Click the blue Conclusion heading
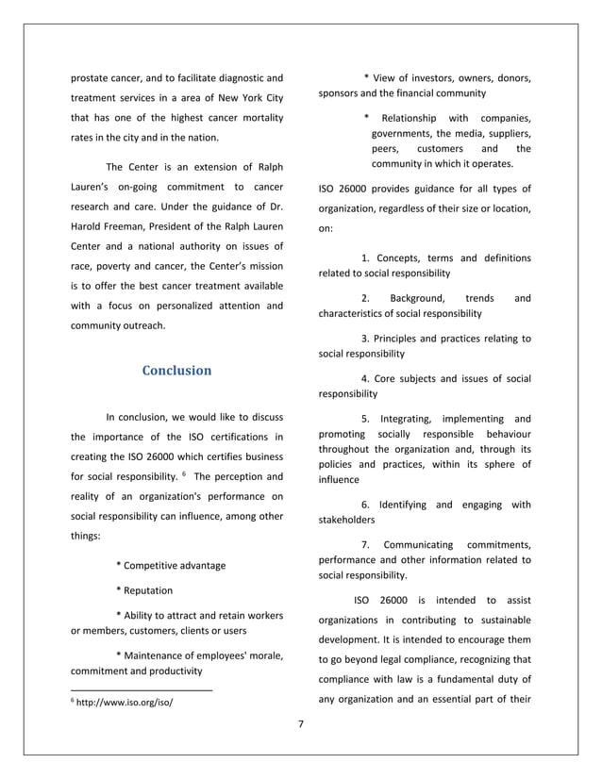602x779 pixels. [176, 371]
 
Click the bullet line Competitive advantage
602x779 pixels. [170, 566]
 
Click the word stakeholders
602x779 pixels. [347, 520]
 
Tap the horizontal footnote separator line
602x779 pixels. [142, 690]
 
